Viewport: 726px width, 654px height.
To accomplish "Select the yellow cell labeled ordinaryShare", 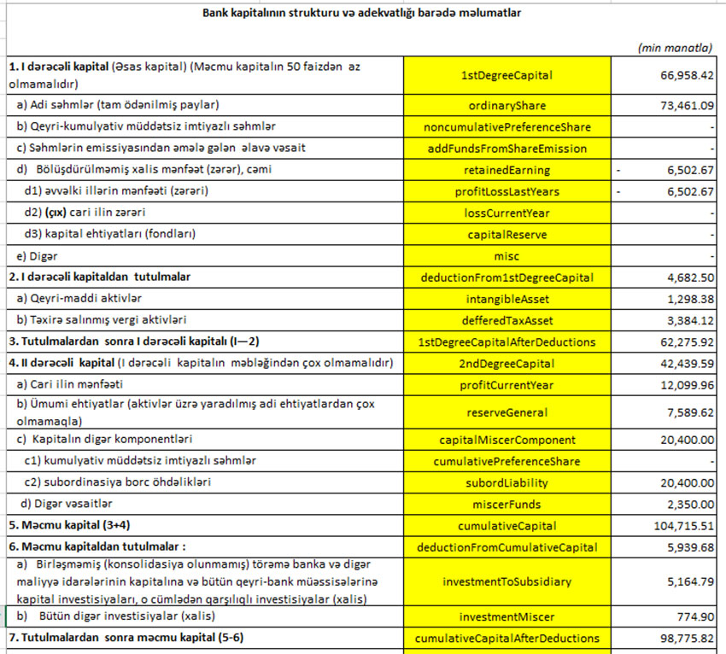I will click(x=507, y=106).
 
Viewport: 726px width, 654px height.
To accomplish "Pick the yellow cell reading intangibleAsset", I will click(x=507, y=299).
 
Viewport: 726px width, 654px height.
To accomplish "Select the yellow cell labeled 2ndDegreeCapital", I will click(x=507, y=364).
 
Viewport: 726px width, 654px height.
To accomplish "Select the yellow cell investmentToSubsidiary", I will click(x=507, y=582).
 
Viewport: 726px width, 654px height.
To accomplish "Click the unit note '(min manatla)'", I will click(x=675, y=48).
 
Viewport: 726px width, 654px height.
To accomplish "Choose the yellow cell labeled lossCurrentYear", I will click(x=507, y=213).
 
